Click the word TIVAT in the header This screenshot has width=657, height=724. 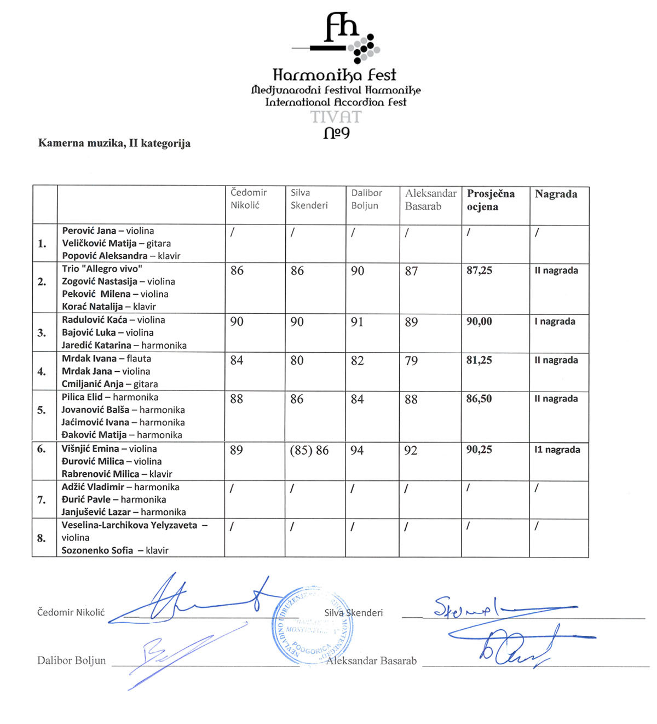pos(336,117)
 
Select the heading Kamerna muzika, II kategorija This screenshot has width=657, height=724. pos(114,143)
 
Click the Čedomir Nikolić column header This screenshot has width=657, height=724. pos(249,199)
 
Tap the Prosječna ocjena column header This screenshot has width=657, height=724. pos(491,200)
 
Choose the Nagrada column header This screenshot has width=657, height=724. pos(556,194)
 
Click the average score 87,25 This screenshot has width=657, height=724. pos(479,271)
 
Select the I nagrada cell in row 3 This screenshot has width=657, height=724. pos(555,321)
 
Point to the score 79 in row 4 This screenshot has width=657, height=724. pos(411,361)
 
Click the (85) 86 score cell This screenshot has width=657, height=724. pos(309,451)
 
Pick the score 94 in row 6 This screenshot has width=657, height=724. pos(357,451)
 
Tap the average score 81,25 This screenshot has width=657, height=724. pos(479,360)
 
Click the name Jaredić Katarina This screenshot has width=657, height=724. pos(96,346)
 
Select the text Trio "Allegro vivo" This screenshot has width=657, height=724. pos(102,269)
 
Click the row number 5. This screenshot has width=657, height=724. pos(42,410)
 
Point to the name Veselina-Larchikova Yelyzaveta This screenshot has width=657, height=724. pos(129,525)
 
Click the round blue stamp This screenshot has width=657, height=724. pos(312,627)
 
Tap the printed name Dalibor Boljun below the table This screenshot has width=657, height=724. pos(72,660)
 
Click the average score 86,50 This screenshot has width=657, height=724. pos(479,399)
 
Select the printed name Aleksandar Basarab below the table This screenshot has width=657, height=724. pos(371,661)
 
